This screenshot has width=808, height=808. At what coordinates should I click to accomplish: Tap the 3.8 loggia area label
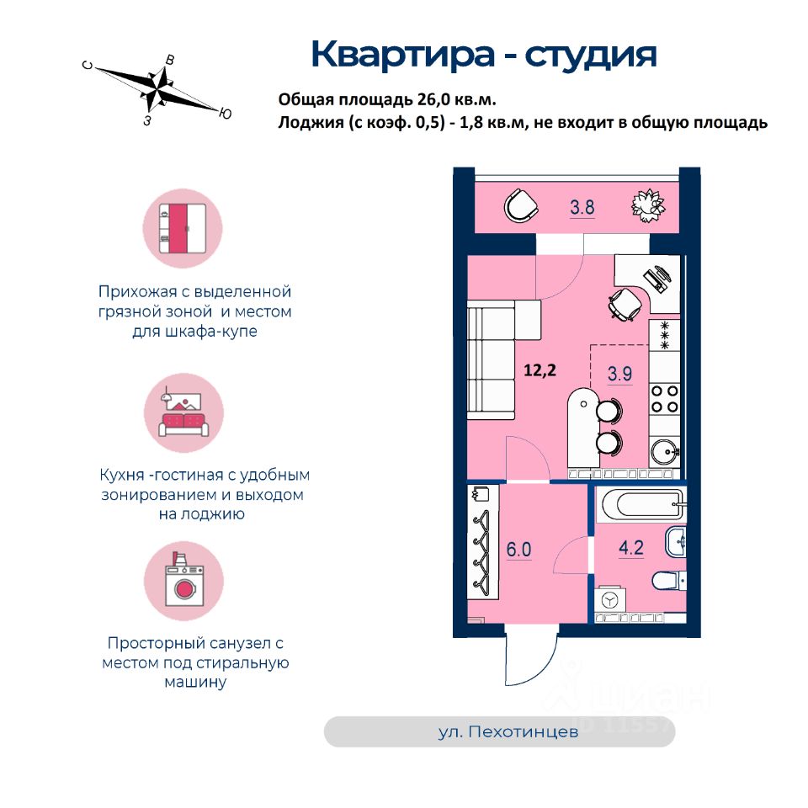pos(582,206)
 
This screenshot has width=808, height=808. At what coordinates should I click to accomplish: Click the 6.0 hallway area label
pos(519,550)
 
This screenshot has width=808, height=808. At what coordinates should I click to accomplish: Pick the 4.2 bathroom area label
pos(631,549)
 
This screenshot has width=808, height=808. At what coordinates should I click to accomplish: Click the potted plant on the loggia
pos(649,205)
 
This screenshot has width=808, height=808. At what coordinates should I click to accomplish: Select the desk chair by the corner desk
pos(625,303)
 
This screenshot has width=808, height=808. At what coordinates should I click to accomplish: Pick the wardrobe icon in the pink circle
pos(182,228)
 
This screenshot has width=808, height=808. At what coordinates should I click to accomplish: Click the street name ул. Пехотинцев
pos(508,732)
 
